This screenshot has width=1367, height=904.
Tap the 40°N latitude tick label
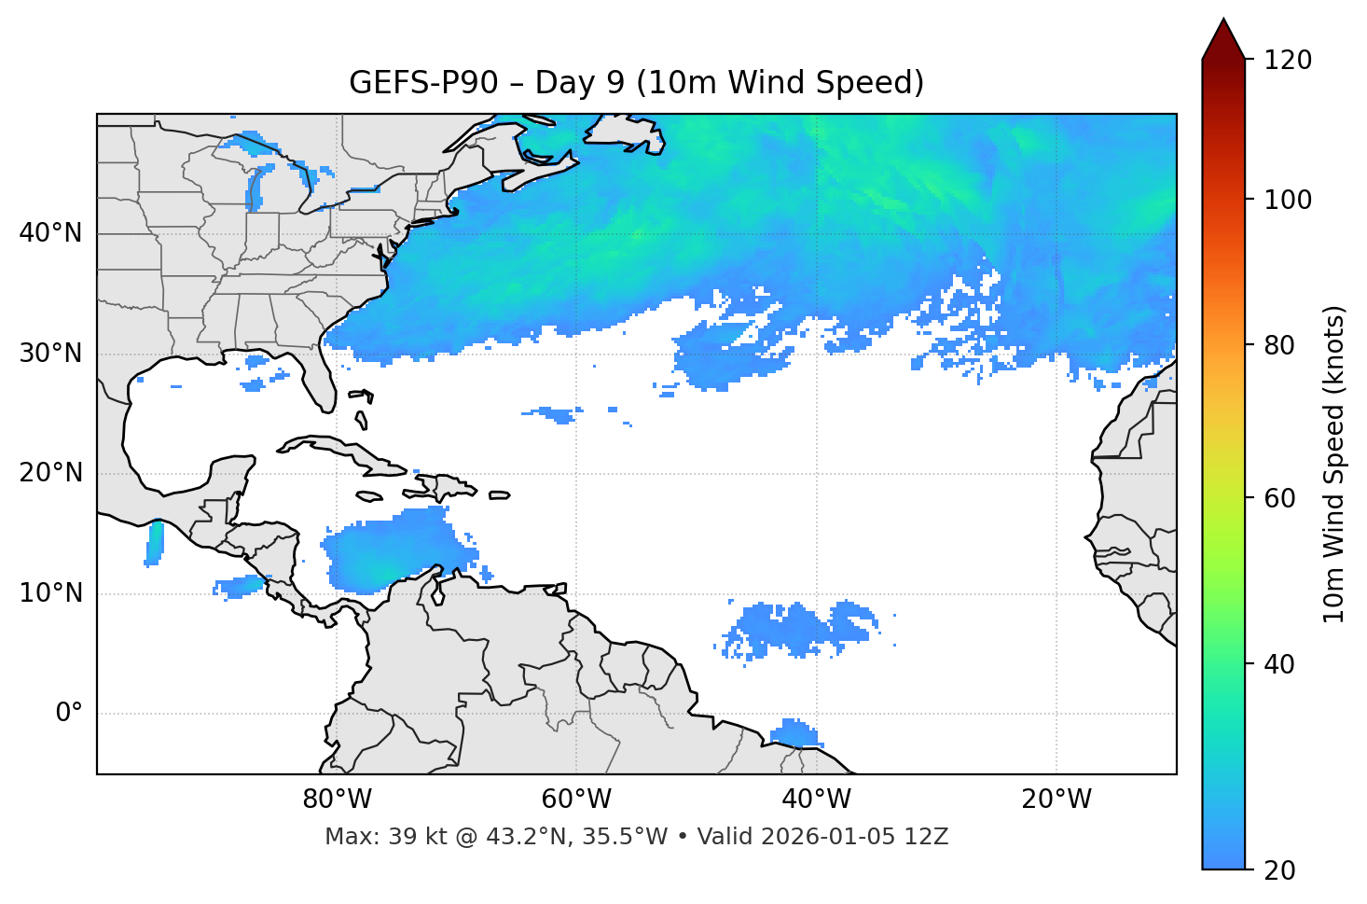point(50,233)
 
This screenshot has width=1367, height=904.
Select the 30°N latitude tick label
point(50,354)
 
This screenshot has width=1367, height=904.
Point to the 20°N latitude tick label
point(50,473)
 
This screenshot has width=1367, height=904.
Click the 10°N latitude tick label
point(50,593)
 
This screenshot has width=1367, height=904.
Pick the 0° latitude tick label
point(68,714)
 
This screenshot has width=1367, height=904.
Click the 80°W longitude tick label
point(337,800)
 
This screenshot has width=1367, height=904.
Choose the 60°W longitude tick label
point(576,800)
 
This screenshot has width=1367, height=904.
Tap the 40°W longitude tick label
point(816,800)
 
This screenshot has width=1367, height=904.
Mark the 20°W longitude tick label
point(1056,800)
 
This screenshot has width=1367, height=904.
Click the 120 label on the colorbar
point(1288,61)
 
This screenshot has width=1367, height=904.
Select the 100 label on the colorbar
point(1288,200)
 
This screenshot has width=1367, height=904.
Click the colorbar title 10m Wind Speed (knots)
point(1334,464)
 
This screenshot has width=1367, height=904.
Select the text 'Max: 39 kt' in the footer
point(368,837)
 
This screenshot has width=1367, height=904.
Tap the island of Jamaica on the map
point(370,496)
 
